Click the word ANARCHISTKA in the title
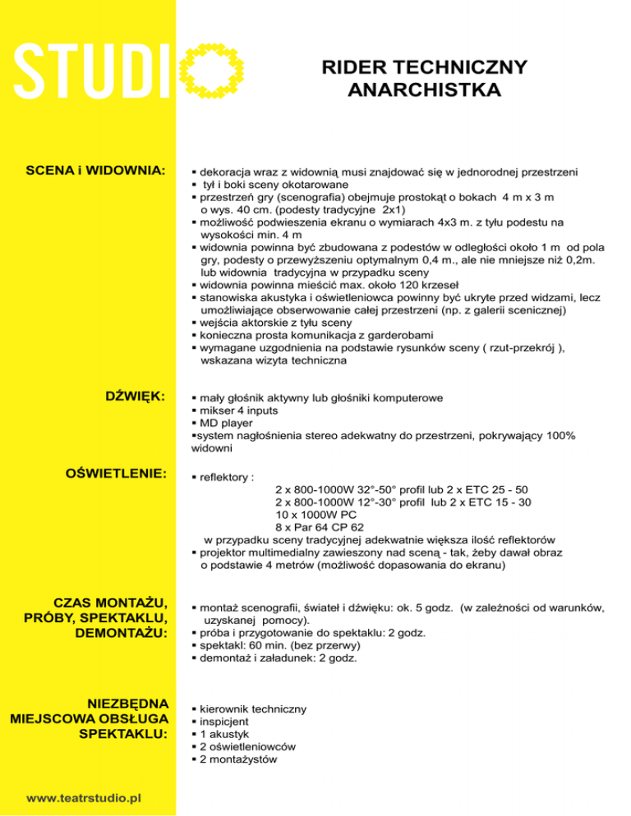tap(424, 89)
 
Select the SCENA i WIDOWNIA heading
tap(97, 172)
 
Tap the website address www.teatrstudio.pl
tap(85, 797)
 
